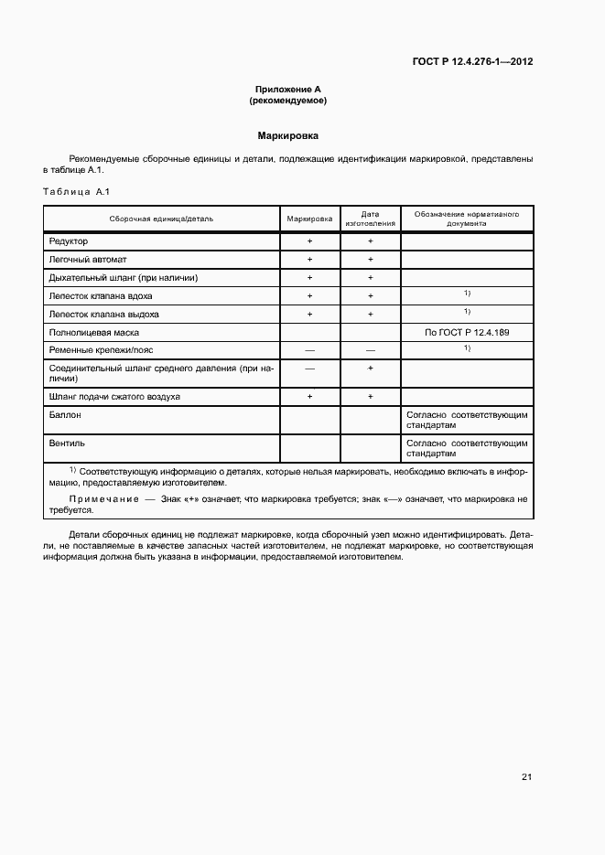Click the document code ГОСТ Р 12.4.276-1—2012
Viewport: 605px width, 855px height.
(x=472, y=62)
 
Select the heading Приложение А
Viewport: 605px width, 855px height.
(x=287, y=90)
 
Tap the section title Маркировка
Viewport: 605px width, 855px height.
(x=287, y=135)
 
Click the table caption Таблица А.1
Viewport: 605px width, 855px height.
(x=76, y=191)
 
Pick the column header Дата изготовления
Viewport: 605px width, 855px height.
(x=370, y=219)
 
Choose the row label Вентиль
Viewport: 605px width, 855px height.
(x=66, y=443)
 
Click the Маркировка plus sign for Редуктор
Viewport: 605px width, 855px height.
(x=309, y=240)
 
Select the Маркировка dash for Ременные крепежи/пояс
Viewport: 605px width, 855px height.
(x=309, y=350)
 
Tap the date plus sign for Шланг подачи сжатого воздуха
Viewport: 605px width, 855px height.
(x=370, y=396)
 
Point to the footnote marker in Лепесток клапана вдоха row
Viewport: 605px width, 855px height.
(x=467, y=294)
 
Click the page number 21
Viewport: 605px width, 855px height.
(x=526, y=777)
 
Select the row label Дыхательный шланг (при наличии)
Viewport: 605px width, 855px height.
(x=123, y=277)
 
